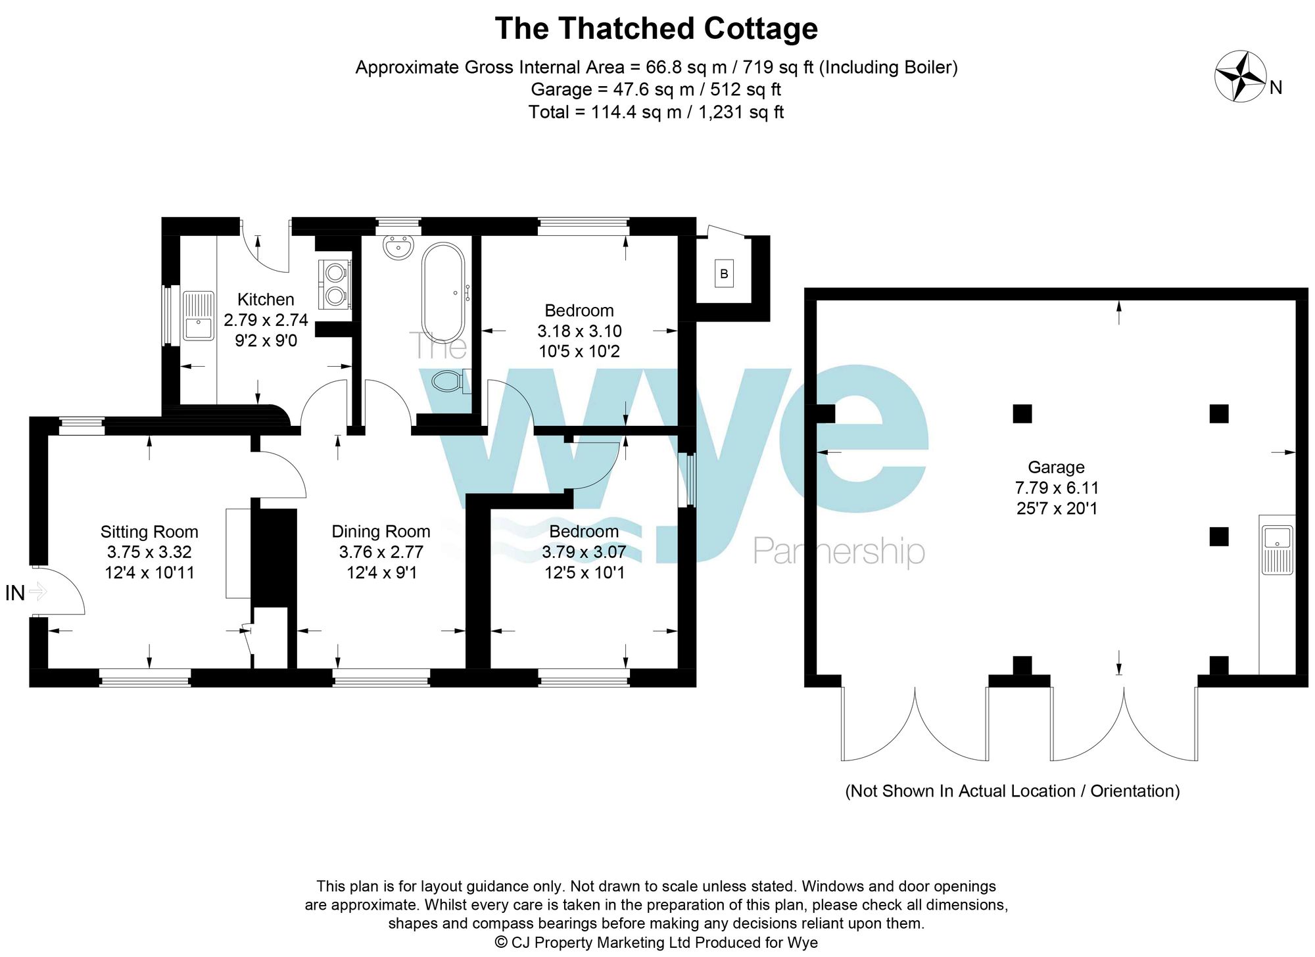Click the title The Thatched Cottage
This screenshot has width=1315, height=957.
(x=656, y=29)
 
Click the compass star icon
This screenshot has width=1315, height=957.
(x=1241, y=76)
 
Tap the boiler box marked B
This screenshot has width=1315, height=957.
(x=724, y=273)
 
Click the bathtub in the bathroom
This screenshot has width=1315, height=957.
(x=444, y=292)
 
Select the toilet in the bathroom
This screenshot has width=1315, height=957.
(x=451, y=381)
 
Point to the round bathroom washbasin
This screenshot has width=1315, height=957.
(x=398, y=248)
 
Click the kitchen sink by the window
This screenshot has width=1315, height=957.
(x=198, y=316)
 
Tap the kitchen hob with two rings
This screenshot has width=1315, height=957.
(x=335, y=284)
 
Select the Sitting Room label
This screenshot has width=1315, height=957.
(x=149, y=532)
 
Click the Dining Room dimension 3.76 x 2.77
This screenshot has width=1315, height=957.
(x=381, y=552)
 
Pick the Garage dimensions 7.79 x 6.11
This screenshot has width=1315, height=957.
(x=1057, y=488)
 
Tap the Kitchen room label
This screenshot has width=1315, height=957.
(x=266, y=300)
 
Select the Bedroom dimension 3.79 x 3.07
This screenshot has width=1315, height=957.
(x=584, y=552)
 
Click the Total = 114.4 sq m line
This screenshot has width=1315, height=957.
(x=656, y=112)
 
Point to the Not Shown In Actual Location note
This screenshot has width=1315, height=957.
(x=1012, y=791)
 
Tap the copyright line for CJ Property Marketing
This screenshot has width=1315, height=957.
(x=656, y=942)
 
